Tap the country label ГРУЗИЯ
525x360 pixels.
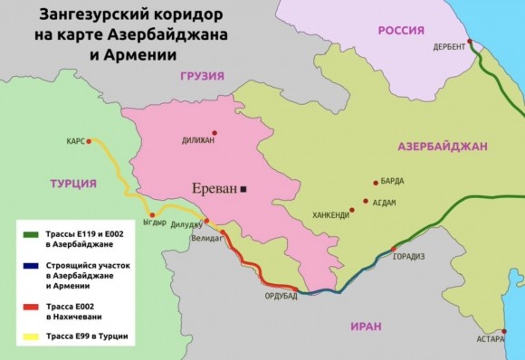click(201, 77)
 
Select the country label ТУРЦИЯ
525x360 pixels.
click(72, 184)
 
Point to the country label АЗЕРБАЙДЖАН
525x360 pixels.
click(442, 146)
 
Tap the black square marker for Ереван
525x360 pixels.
click(243, 189)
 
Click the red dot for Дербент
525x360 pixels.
click(469, 42)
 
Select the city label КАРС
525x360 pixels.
click(76, 141)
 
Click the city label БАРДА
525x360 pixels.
click(392, 181)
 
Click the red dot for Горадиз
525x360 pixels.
click(392, 248)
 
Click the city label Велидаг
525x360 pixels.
click(207, 239)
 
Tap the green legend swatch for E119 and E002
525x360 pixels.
click(33, 233)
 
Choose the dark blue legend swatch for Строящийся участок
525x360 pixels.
click(33, 266)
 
